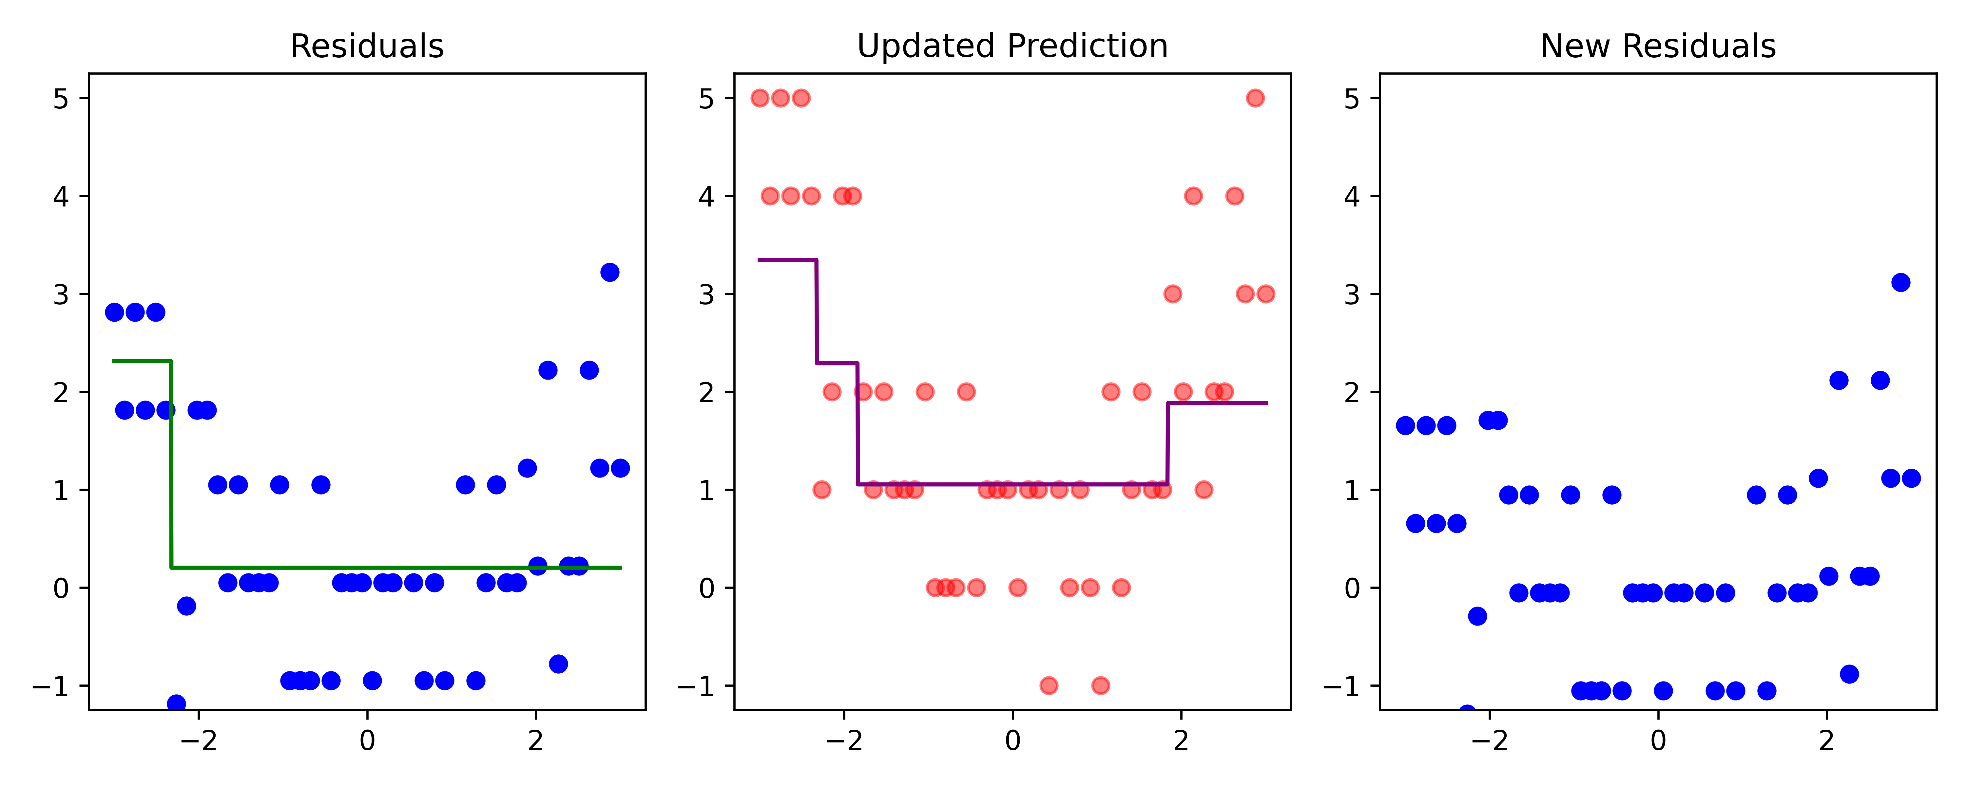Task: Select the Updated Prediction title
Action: [x=1012, y=47]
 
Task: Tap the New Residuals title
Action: [x=1658, y=47]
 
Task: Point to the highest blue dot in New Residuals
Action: [x=1900, y=282]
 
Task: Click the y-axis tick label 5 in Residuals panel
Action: [x=61, y=99]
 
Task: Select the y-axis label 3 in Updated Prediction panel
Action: [x=707, y=294]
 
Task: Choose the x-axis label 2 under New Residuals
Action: [x=1826, y=740]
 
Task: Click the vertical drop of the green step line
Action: [x=171, y=465]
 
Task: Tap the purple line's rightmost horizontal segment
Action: [x=1217, y=403]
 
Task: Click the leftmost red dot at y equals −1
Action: [x=1049, y=685]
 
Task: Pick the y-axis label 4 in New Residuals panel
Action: [x=1352, y=197]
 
